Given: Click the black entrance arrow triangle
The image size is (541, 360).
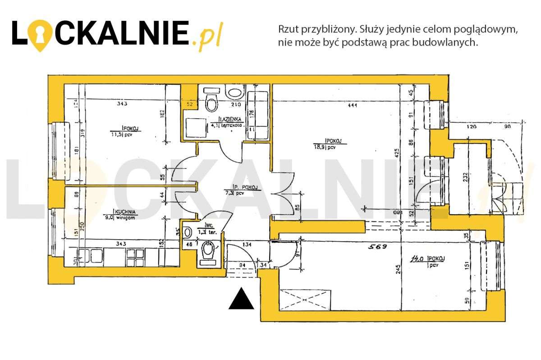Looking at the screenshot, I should [x=242, y=299].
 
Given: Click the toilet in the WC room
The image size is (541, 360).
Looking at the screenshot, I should [x=208, y=251].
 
